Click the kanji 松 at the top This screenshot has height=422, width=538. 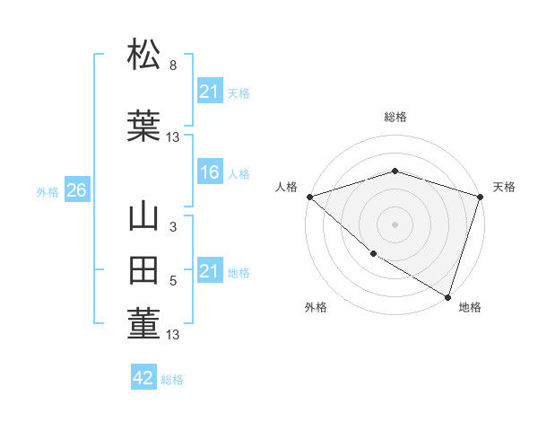[x=144, y=55]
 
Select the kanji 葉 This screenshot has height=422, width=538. [x=144, y=125]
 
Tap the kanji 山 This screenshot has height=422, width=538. [x=144, y=218]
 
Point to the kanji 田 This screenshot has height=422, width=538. [x=144, y=272]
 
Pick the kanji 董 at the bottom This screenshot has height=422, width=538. [x=144, y=323]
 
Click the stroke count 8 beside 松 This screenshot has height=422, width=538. [x=173, y=66]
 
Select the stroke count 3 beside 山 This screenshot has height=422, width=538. [x=173, y=228]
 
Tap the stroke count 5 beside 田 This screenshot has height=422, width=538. [x=173, y=281]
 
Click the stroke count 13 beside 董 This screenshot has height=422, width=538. [x=173, y=336]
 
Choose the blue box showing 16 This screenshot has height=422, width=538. [x=210, y=172]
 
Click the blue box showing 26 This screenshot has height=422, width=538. [x=76, y=190]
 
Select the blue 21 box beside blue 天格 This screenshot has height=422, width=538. [x=210, y=92]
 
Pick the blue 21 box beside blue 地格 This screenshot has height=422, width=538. [x=210, y=271]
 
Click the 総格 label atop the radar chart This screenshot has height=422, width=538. [x=395, y=117]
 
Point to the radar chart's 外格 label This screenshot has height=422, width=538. [x=316, y=307]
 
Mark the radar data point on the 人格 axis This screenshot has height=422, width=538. [x=309, y=197]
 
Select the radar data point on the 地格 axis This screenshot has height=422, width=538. [x=447, y=296]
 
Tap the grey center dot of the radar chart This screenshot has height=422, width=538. [x=395, y=224]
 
